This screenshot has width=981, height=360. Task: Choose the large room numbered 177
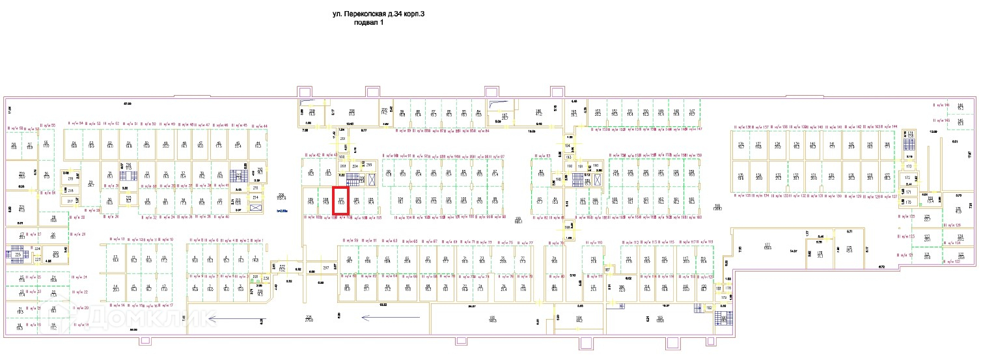point(767,246)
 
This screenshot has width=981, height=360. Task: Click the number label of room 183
point(659,318)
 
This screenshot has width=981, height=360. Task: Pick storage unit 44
point(258,145)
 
